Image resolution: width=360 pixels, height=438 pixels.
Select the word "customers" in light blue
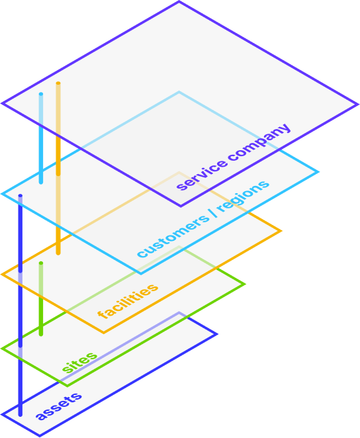pos(173,236)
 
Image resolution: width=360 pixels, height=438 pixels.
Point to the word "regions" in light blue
pos(243,196)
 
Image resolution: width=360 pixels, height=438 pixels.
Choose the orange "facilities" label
pos(128,301)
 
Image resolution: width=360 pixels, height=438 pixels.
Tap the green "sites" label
pos(79,363)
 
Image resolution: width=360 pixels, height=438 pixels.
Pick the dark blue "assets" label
pos(59,406)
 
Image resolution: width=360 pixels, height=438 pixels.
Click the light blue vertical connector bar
pos(41,138)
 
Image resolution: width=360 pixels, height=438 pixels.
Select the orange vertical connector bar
pos(58,168)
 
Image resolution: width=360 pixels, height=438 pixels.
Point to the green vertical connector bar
pos(41,299)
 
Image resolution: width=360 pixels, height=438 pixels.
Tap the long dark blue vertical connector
pos(21,305)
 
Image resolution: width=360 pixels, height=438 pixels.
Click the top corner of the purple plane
pos(179,2)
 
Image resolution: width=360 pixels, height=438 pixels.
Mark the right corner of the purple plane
pos(357,105)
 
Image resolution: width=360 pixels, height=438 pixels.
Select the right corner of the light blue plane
pos(318,172)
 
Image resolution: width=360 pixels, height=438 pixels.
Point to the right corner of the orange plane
pos(281,231)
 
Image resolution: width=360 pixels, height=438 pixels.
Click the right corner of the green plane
pos(245,285)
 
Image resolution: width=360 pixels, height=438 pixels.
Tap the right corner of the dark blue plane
pos(216,334)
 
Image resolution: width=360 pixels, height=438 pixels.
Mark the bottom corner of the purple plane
pos(181,206)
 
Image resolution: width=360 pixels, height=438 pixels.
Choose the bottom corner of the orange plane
pos(104,333)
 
